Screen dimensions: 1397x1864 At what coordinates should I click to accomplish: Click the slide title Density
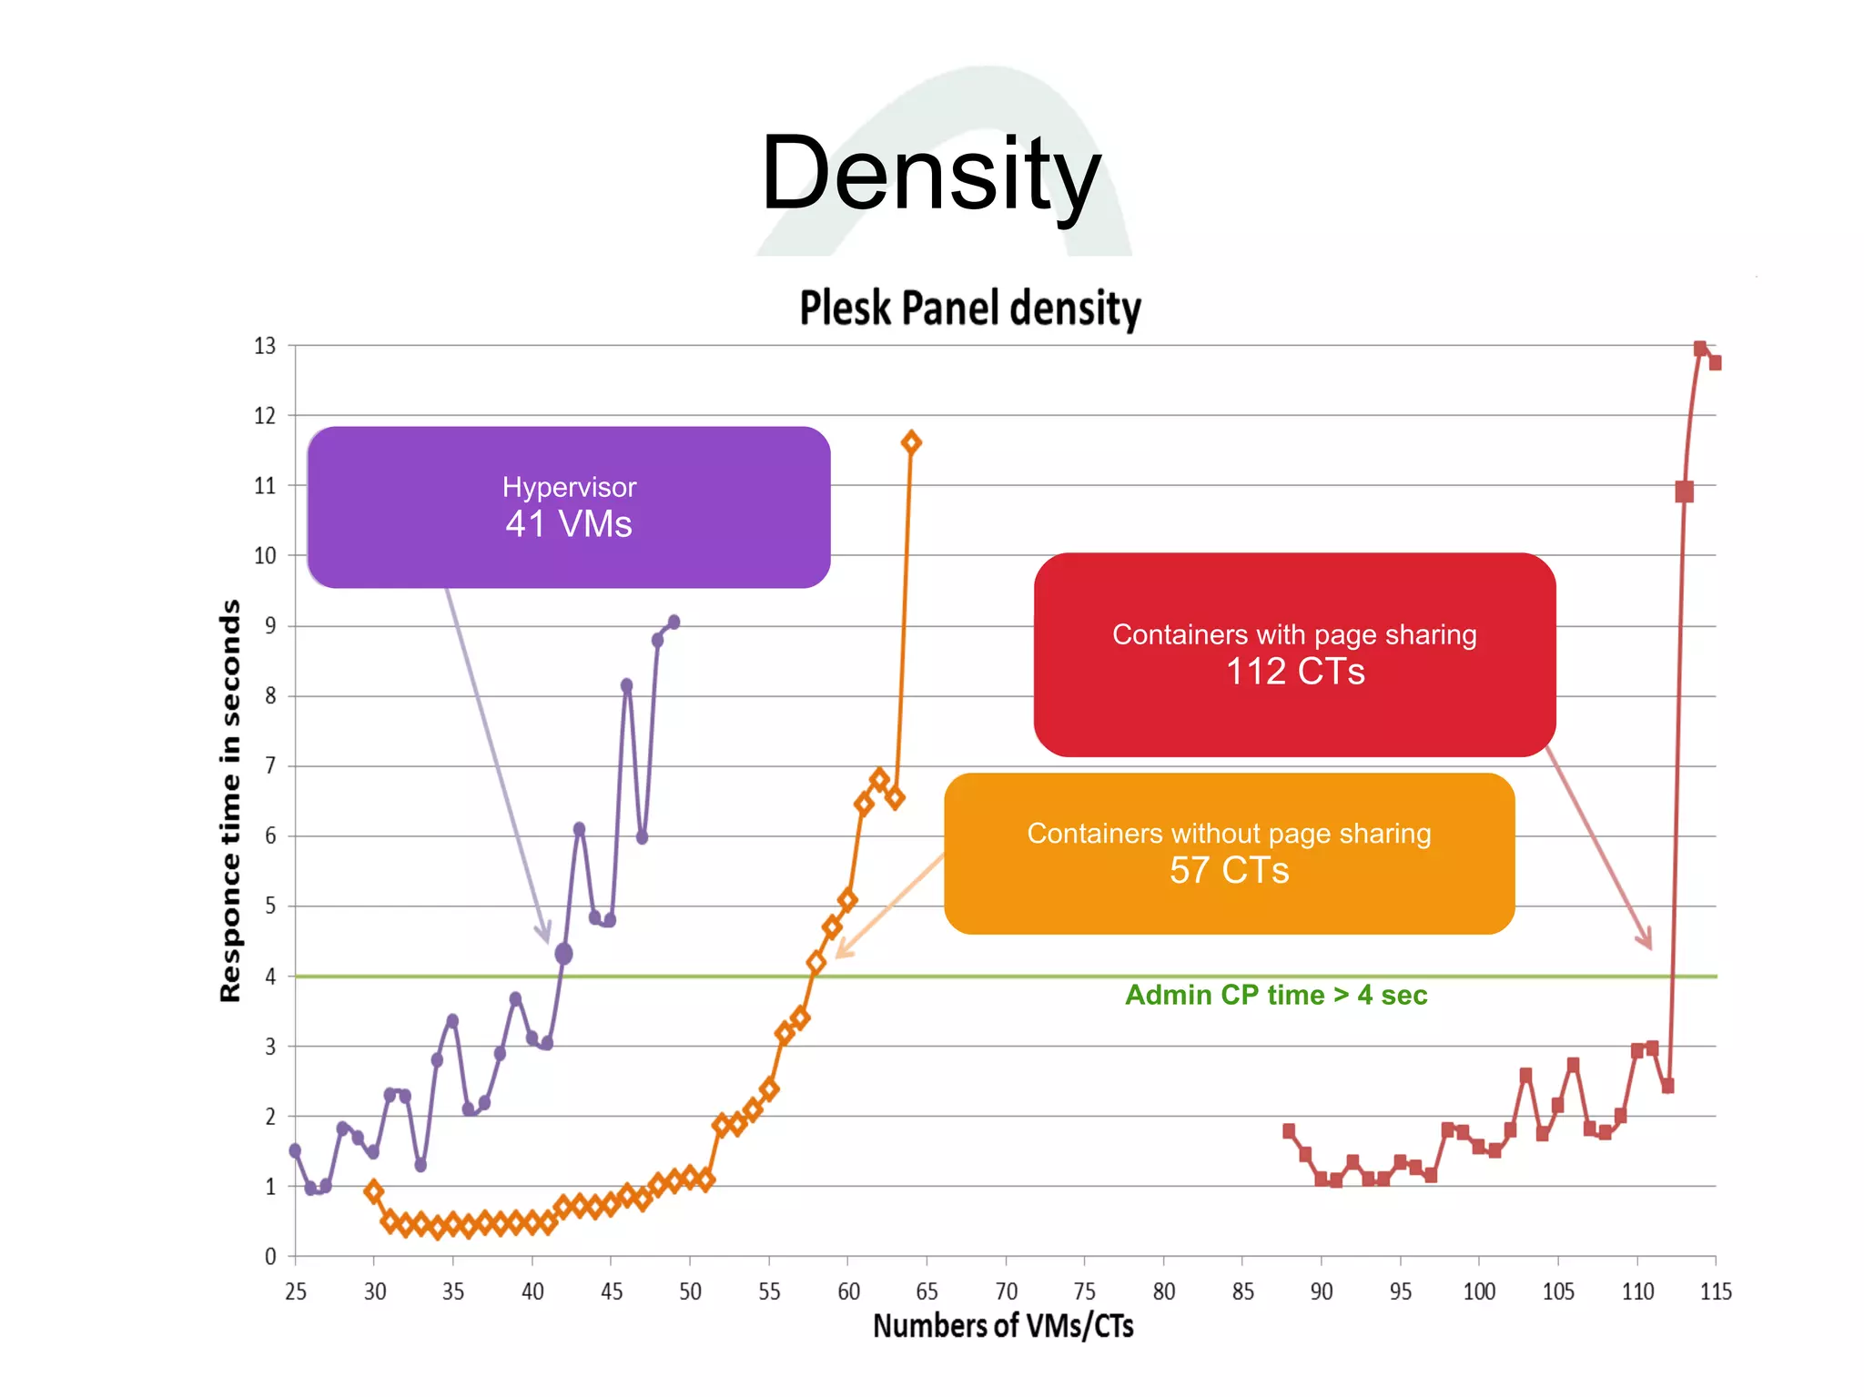click(x=930, y=173)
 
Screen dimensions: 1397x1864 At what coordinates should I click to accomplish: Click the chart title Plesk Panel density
click(x=969, y=308)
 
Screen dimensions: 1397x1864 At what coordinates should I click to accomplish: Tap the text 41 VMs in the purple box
click(x=568, y=524)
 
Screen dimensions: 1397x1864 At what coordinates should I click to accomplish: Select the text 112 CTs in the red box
click(x=1294, y=672)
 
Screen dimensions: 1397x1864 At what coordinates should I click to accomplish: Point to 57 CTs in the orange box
click(x=1229, y=870)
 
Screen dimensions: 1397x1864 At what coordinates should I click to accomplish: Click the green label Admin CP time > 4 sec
click(x=1275, y=995)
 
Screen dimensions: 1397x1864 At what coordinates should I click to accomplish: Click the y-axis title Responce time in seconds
click(x=231, y=800)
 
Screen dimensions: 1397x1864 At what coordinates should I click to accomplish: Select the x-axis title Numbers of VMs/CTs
click(x=1003, y=1326)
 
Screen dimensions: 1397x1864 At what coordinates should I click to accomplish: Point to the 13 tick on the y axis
click(x=264, y=346)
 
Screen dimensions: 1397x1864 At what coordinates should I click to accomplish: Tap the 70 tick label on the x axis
click(x=1006, y=1291)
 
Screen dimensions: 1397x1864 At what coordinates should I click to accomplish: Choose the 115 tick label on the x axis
click(x=1716, y=1291)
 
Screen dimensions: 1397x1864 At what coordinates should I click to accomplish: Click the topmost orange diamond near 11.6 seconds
click(x=911, y=442)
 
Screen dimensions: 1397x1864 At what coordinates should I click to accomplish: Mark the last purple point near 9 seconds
click(x=674, y=623)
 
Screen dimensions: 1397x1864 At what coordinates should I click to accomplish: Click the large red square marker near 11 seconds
click(x=1684, y=491)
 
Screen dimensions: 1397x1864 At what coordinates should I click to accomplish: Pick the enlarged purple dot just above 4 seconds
click(x=563, y=954)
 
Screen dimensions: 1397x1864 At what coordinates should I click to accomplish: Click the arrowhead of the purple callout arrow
click(x=544, y=935)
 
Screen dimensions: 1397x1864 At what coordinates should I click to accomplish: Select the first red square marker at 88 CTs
click(x=1289, y=1130)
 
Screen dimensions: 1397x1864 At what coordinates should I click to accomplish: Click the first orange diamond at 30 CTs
click(x=373, y=1190)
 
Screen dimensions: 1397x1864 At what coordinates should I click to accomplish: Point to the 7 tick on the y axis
click(x=269, y=766)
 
